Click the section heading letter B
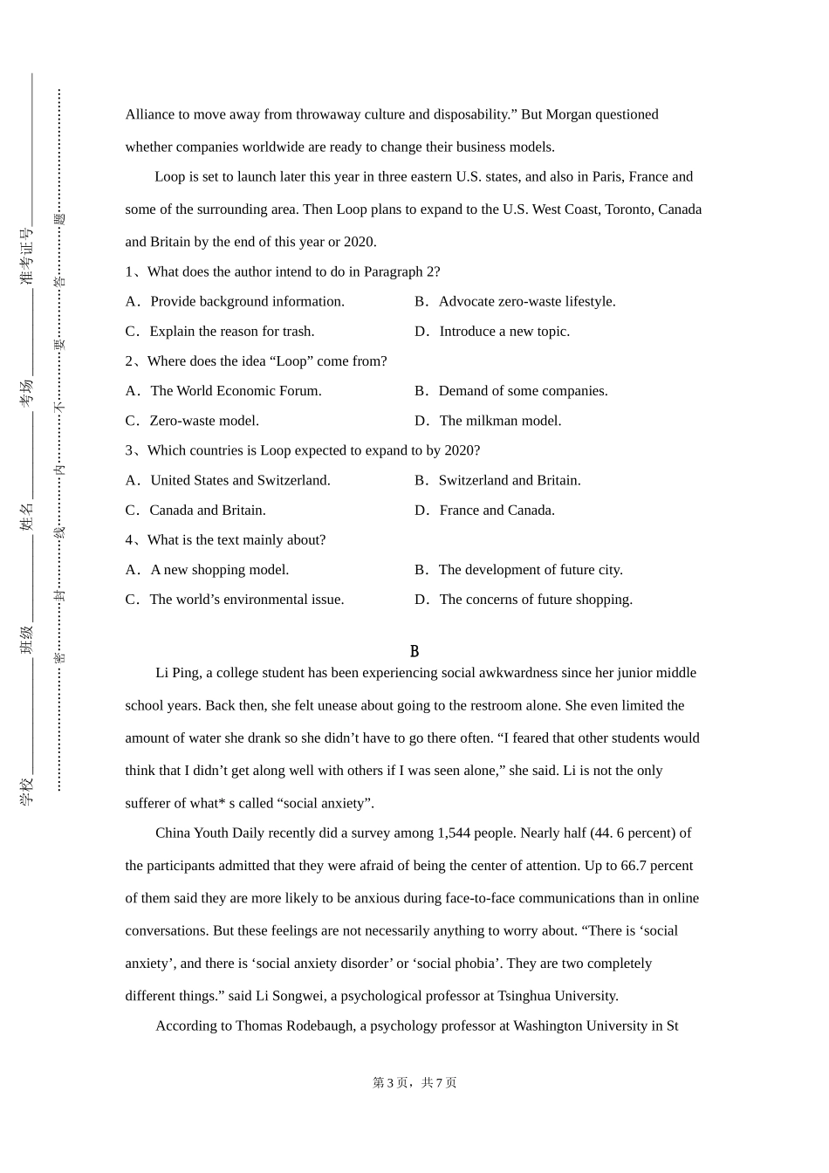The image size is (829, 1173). click(x=414, y=652)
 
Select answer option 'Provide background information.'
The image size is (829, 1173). click(x=247, y=302)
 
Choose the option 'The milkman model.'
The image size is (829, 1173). click(x=500, y=421)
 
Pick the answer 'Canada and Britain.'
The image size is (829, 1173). click(x=208, y=511)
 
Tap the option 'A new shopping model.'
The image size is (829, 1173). click(x=219, y=570)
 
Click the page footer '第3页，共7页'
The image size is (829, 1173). click(x=414, y=1083)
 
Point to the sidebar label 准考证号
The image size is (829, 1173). click(x=27, y=257)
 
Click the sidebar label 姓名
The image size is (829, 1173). click(x=27, y=516)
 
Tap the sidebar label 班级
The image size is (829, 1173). click(x=27, y=640)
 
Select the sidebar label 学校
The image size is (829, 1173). click(x=27, y=791)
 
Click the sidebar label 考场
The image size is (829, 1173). click(x=27, y=393)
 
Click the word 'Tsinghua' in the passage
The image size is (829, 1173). click(x=524, y=997)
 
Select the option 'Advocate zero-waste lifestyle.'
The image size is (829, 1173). click(x=527, y=302)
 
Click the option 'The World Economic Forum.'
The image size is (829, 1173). click(x=236, y=391)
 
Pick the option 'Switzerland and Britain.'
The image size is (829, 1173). click(x=510, y=481)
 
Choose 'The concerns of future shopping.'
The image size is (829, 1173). click(x=536, y=600)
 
